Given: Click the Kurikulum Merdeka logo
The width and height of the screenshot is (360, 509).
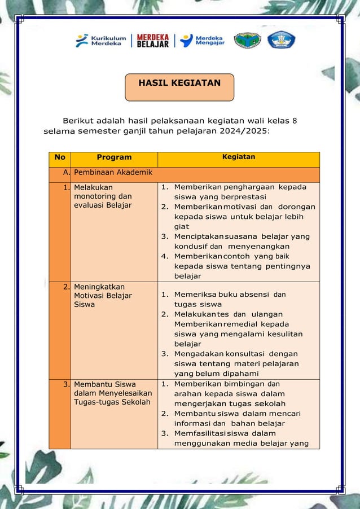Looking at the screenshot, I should click(x=101, y=41).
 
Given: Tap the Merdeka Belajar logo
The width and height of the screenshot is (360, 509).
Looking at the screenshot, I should click(x=152, y=41).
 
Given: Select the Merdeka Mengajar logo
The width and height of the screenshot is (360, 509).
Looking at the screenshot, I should click(x=203, y=41).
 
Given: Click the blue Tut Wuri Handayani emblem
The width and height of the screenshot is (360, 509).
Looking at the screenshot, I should click(x=281, y=40).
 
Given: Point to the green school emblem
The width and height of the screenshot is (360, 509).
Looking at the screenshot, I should click(x=247, y=41).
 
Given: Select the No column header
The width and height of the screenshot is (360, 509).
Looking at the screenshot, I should click(x=60, y=157).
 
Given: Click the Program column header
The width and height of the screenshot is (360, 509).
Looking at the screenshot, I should click(x=114, y=157).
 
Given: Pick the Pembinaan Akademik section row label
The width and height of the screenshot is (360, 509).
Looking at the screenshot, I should click(x=107, y=172).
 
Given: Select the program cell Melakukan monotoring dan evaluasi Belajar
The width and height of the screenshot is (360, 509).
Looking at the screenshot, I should click(x=102, y=196).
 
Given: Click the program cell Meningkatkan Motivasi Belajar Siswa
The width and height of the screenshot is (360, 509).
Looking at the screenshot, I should click(x=102, y=295).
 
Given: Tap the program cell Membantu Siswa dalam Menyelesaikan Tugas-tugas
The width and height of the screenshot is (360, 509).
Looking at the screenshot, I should click(x=112, y=393).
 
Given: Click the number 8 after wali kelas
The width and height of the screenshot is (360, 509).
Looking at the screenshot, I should click(x=295, y=120).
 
